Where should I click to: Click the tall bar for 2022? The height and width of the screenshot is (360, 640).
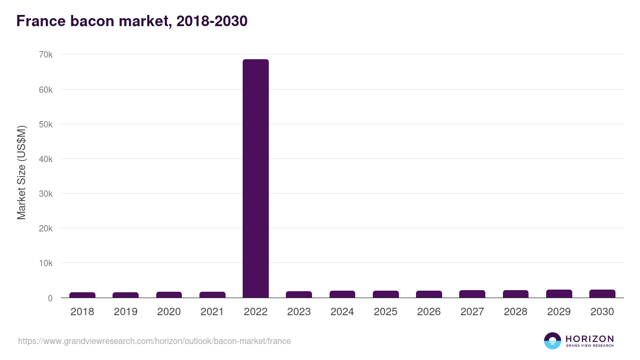point(255,179)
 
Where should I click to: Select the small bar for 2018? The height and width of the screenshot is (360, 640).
point(82,295)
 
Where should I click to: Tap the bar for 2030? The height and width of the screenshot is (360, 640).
point(602,293)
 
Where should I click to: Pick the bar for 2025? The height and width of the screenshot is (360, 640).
point(386,294)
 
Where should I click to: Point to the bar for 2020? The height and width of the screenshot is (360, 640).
point(169,294)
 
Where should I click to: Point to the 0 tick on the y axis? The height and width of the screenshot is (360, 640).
point(50,298)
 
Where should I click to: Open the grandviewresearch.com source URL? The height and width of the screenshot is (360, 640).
point(155,341)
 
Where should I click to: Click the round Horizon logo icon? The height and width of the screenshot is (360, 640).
point(553,341)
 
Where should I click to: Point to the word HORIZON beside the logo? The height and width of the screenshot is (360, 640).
point(589,338)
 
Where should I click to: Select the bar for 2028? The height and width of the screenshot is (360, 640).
point(516,294)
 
